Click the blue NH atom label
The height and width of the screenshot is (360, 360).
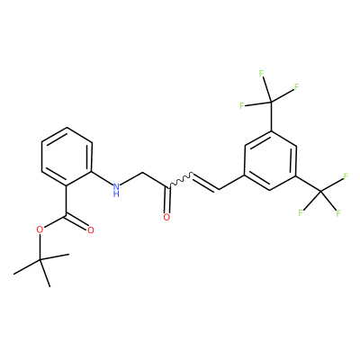tap(117, 190)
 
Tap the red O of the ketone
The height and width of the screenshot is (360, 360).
tap(166, 217)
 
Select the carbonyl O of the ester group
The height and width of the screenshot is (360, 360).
tap(91, 230)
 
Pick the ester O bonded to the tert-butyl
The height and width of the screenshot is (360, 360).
tap(40, 230)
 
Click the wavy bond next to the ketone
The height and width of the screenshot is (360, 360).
tap(181, 180)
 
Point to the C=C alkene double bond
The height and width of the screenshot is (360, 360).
tap(206, 182)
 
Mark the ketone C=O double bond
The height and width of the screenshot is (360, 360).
tap(167, 199)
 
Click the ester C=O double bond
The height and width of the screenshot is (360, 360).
tap(78, 222)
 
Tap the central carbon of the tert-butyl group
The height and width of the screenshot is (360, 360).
tap(40, 260)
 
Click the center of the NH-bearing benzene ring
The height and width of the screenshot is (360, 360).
tap(67, 157)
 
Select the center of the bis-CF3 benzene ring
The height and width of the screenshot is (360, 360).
tap(271, 160)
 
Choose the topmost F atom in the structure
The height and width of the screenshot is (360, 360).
tap(261, 73)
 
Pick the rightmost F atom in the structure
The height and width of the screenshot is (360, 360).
tap(346, 176)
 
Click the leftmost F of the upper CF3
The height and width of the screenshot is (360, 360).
tap(242, 105)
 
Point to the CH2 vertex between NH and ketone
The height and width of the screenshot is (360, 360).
tap(142, 173)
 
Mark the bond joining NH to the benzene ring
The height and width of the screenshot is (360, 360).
tap(102, 178)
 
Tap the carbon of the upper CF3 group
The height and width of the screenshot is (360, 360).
tap(271, 102)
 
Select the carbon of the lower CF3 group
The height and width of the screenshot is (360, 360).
tap(320, 191)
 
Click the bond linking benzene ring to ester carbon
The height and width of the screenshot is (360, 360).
tap(67, 200)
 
